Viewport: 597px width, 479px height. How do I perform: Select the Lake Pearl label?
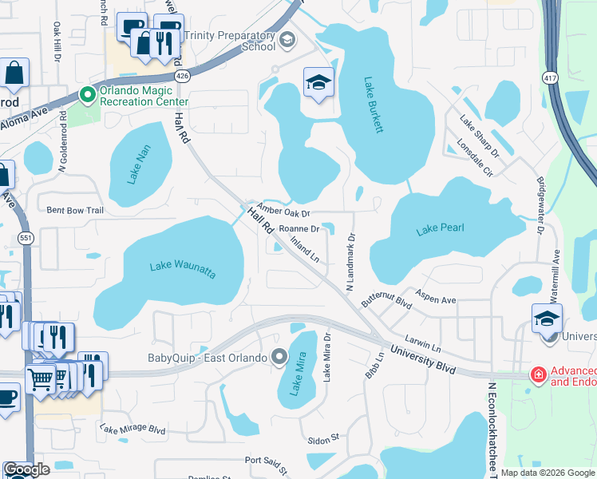click(440, 230)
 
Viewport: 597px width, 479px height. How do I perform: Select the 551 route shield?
click(26, 237)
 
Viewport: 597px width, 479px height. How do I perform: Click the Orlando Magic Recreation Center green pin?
click(88, 95)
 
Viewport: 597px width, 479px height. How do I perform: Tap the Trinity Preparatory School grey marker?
click(287, 39)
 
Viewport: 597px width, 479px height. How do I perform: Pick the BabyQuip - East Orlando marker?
click(279, 357)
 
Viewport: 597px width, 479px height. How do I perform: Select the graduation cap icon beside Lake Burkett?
click(318, 81)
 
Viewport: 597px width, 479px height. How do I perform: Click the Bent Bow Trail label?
click(76, 211)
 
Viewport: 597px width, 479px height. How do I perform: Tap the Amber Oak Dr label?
click(283, 208)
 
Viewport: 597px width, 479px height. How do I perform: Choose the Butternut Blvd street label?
click(385, 299)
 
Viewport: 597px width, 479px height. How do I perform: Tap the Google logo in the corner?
click(27, 469)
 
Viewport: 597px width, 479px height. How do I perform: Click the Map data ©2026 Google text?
click(548, 473)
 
